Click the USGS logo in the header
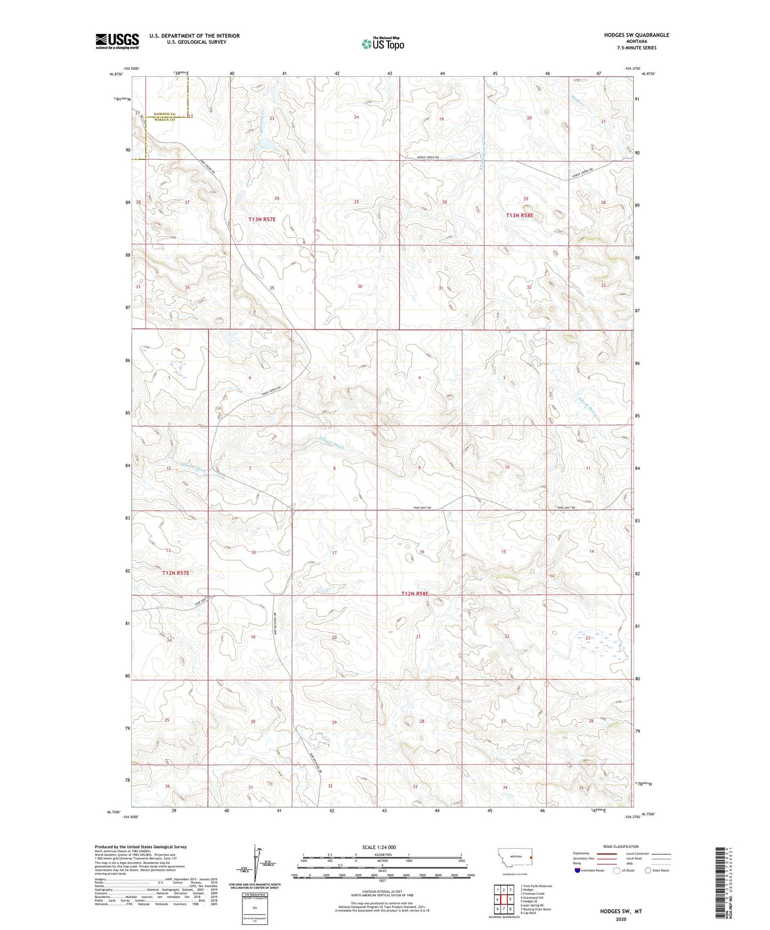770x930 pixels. pyautogui.click(x=117, y=40)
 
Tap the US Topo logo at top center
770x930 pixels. pyautogui.click(x=383, y=44)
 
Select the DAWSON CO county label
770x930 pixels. pyautogui.click(x=165, y=114)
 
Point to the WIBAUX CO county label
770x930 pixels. pyautogui.click(x=165, y=120)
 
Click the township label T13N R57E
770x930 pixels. pyautogui.click(x=262, y=219)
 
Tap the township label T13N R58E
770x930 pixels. pyautogui.click(x=520, y=215)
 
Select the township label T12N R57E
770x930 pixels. pyautogui.click(x=176, y=573)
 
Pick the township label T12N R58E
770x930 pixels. pyautogui.click(x=415, y=593)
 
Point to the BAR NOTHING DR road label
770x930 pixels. pyautogui.click(x=275, y=622)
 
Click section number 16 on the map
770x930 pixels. pyautogui.click(x=422, y=552)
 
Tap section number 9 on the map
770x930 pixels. pyautogui.click(x=420, y=468)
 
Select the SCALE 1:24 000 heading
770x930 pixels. pyautogui.click(x=379, y=847)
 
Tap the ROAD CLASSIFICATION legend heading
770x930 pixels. pyautogui.click(x=621, y=846)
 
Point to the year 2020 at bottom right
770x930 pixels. pyautogui.click(x=621, y=919)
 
